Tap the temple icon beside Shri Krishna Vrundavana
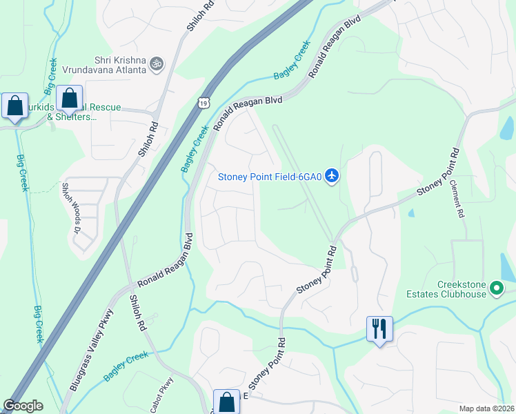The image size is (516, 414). point(157,64)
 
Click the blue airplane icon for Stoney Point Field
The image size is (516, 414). point(333,176)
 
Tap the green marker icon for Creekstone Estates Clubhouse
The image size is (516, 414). point(495,293)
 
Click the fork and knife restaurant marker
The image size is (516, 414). point(379,328)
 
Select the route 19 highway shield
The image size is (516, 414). point(201,103)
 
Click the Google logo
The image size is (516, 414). point(23,406)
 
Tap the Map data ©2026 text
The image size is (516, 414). point(486,408)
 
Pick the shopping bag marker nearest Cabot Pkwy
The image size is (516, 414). point(226,402)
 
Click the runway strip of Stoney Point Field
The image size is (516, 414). point(304,180)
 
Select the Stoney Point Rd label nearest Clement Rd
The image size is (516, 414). point(437,173)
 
